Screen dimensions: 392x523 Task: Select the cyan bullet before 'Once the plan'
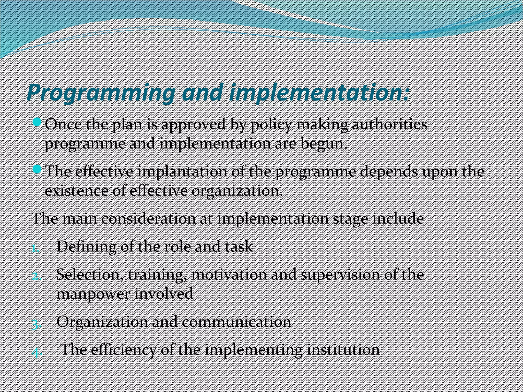(37, 122)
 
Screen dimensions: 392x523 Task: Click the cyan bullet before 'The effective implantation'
(37, 169)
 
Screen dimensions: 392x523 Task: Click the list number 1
(35, 248)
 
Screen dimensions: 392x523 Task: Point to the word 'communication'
(236, 322)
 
